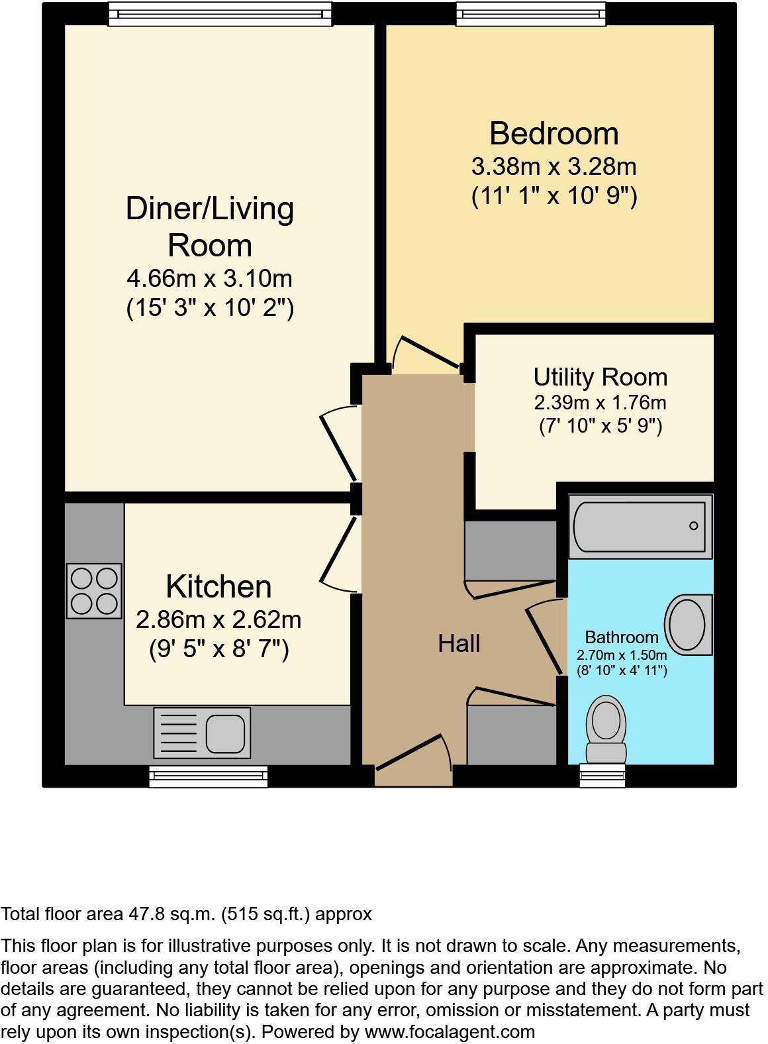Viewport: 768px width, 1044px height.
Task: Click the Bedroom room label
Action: pos(554,133)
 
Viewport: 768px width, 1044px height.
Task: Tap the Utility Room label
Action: pos(600,377)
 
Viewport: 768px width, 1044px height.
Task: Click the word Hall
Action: pos(458,643)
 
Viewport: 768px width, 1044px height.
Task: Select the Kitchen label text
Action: pos(218,587)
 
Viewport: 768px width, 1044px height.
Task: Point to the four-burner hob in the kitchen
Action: pos(94,591)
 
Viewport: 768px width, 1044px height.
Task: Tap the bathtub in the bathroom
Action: pos(640,527)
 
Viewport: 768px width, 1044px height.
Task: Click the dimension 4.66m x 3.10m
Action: pos(209,278)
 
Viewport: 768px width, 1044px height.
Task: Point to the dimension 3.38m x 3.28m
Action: pos(553,166)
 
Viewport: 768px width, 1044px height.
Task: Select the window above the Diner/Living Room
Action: pos(219,13)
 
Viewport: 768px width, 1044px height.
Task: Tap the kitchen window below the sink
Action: pos(208,776)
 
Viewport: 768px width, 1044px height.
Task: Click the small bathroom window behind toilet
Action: pos(602,775)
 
